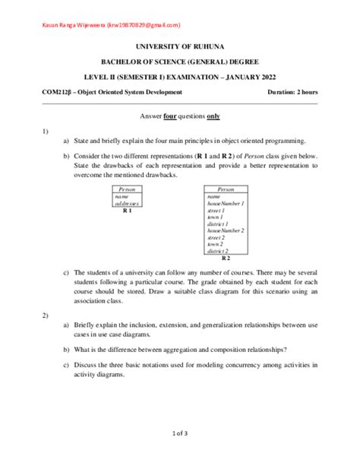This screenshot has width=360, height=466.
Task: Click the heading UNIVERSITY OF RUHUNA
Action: [x=180, y=46]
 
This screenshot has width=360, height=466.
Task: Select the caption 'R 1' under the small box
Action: [x=128, y=211]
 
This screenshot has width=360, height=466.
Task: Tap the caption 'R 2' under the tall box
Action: [x=226, y=259]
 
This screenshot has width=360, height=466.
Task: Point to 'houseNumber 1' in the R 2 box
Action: [x=225, y=204]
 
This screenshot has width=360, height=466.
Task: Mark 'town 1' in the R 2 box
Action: [x=216, y=217]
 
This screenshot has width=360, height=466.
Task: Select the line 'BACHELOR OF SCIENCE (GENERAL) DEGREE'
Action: [x=180, y=62]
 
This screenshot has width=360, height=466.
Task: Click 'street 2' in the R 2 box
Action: [x=217, y=237]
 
